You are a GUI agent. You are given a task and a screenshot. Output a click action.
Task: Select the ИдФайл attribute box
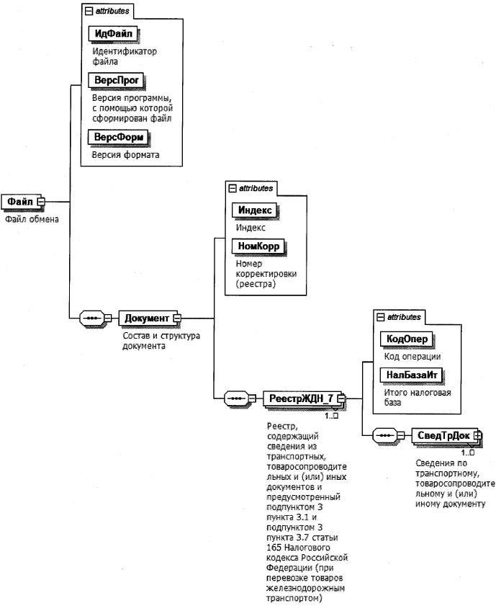coord(113,33)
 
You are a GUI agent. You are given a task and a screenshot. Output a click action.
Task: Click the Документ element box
coord(147,318)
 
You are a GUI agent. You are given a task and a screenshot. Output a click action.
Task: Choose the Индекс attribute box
coord(254,210)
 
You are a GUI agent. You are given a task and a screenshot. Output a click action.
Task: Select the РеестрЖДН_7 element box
coord(299,397)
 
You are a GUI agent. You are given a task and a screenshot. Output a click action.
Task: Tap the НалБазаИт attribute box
coord(409,375)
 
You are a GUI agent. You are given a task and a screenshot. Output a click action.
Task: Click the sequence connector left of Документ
coord(91,318)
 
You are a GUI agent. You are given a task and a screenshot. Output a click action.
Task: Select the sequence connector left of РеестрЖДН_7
coord(237,397)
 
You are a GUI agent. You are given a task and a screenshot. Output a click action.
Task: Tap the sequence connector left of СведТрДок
coord(384,435)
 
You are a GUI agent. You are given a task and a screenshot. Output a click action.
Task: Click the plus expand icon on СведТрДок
coord(477,435)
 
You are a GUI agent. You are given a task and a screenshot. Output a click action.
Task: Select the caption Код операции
coord(412,356)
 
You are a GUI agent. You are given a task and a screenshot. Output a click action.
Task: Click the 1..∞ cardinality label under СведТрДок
coord(468,452)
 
